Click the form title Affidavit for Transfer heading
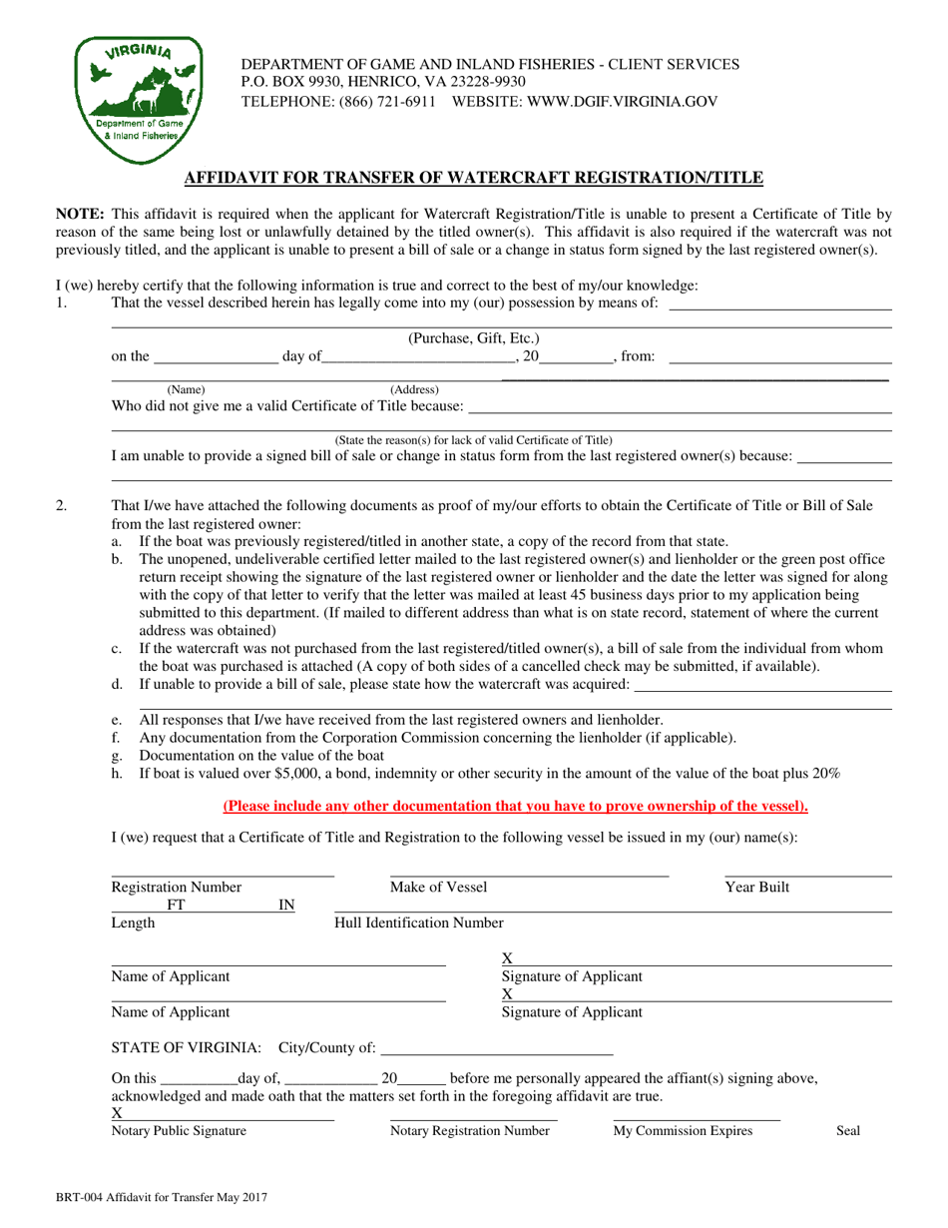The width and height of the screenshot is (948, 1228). click(474, 178)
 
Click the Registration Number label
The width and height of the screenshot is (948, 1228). click(176, 887)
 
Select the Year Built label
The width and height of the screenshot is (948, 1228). click(756, 887)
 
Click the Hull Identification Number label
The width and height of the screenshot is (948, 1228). click(419, 922)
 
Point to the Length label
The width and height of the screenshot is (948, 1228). click(133, 922)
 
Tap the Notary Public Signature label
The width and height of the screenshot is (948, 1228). click(179, 1131)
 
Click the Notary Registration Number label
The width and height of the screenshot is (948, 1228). click(469, 1131)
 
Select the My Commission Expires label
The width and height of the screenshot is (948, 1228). click(683, 1131)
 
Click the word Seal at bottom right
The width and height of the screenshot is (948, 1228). click(847, 1131)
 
